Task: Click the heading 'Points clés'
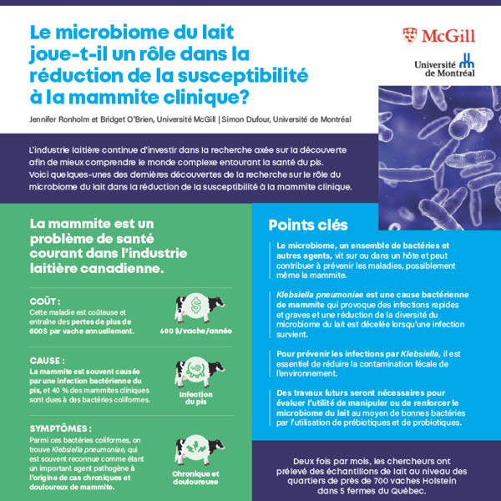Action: (308, 225)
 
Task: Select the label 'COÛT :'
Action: (45, 300)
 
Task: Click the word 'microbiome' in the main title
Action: (114, 34)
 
